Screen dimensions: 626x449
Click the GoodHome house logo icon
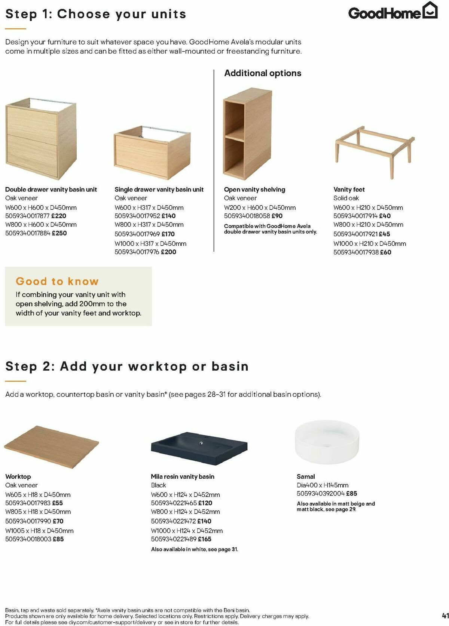[430, 10]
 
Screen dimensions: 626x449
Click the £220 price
[59, 216]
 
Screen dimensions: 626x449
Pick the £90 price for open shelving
[277, 216]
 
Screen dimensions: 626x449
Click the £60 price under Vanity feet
[385, 252]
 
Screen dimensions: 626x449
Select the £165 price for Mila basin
[204, 539]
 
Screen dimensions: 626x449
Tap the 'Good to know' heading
[57, 281]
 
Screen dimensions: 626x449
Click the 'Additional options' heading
[263, 73]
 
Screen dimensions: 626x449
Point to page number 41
[445, 616]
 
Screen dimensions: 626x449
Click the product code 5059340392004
[321, 493]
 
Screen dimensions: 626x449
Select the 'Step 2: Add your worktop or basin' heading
[127, 366]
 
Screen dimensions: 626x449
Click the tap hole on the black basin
[201, 443]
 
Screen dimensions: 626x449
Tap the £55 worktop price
[57, 503]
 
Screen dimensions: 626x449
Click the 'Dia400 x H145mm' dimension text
[323, 485]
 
